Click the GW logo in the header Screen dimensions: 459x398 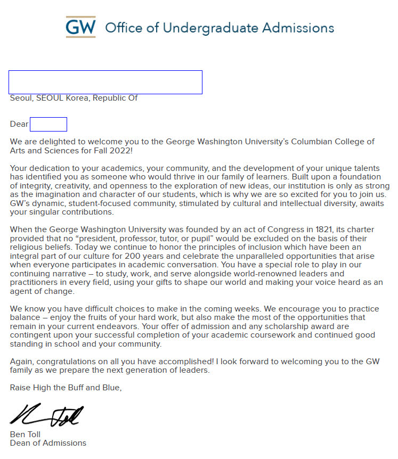click(80, 27)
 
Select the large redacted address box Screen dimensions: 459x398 click(105, 82)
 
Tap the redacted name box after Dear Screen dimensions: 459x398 click(48, 124)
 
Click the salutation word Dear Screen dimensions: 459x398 click(19, 124)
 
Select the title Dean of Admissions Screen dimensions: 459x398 click(48, 443)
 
